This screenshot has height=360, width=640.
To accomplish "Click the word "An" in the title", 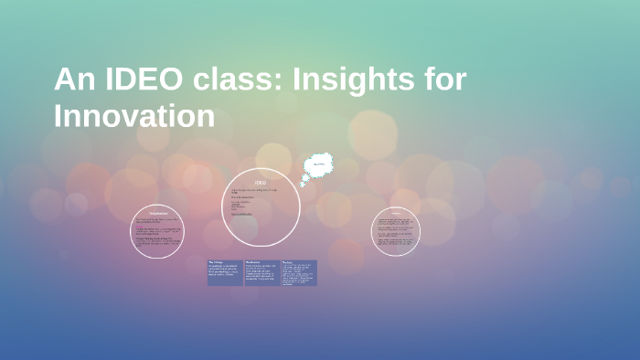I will tap(74, 80).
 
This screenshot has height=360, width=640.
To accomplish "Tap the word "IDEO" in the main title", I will tap(142, 80).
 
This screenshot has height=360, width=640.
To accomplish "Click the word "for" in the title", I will tap(445, 80).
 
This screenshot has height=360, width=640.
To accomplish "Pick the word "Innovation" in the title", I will tap(134, 117).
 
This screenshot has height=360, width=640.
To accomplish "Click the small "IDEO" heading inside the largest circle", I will tap(261, 183).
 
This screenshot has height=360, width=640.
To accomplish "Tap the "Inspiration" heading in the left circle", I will tap(157, 214).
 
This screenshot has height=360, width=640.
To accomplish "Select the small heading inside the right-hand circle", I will tap(396, 214).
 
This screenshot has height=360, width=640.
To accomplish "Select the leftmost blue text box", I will tap(225, 272).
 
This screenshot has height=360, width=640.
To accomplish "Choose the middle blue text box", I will tap(261, 272).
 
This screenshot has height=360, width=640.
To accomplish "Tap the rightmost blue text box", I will tap(299, 272).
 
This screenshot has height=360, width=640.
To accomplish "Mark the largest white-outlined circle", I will tap(261, 206).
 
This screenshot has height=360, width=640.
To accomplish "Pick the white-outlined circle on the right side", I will tap(396, 231).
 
